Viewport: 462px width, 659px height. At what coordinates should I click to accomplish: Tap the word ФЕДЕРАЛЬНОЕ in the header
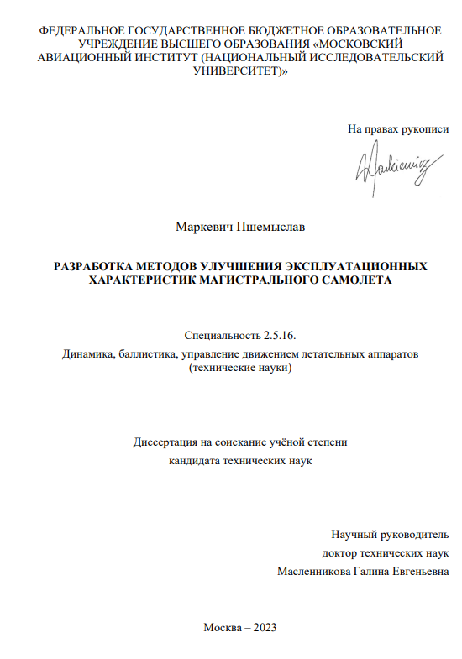79,31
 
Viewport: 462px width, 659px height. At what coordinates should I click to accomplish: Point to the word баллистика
149,354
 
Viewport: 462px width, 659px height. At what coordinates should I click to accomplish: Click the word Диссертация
165,442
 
